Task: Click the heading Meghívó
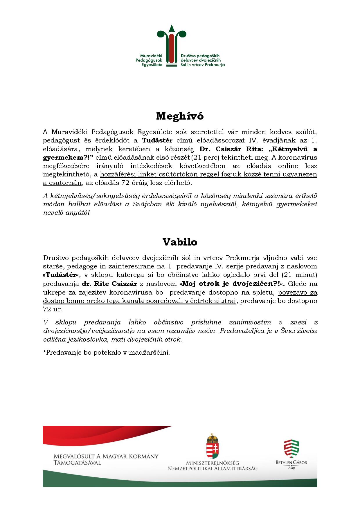[180, 116]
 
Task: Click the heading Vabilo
[180, 242]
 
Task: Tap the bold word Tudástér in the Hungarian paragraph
[157, 140]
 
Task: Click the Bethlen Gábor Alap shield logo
[291, 448]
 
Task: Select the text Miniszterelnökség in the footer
[212, 463]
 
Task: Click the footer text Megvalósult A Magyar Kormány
[106, 456]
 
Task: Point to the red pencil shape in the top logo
[172, 48]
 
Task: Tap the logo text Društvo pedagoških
[200, 55]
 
